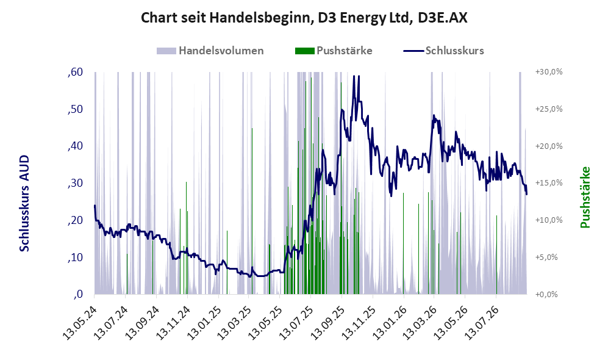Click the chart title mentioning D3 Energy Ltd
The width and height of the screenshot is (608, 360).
coord(304,18)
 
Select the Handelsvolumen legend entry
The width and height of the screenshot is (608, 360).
coord(210,51)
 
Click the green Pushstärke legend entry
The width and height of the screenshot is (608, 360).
coord(334,51)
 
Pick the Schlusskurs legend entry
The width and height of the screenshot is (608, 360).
coord(443,51)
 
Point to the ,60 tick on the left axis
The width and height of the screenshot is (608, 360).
coord(75,72)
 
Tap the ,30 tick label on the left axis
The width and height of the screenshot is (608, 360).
coord(75,183)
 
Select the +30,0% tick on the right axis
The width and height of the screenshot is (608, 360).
coord(549,72)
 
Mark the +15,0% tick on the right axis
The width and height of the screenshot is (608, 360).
coord(549,182)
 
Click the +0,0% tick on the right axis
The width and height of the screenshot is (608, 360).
coord(546,295)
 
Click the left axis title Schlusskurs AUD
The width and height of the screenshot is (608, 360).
coord(24,203)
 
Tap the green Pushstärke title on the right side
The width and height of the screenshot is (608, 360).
coord(585,197)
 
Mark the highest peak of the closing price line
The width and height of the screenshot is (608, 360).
coord(354,76)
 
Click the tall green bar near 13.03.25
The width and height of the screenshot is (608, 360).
coord(252,211)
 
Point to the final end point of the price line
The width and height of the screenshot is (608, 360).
coord(526,194)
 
